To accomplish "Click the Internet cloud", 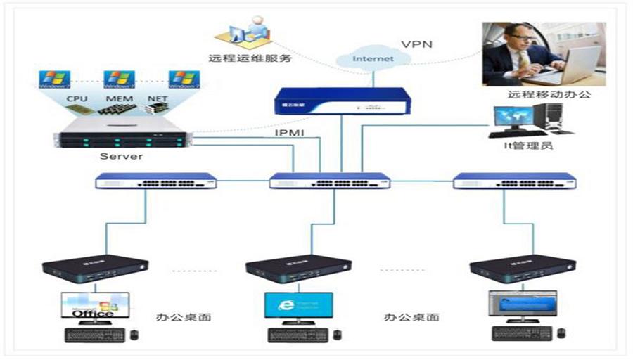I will [x=373, y=58].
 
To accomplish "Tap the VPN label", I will [x=416, y=44].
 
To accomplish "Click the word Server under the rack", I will [x=121, y=155].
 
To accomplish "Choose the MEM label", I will [x=116, y=100].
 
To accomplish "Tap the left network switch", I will [x=156, y=181].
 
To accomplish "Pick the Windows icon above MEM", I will [x=119, y=78].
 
